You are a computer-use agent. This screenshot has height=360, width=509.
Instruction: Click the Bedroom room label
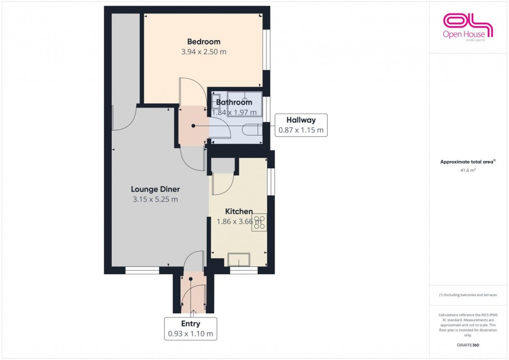pyautogui.click(x=204, y=42)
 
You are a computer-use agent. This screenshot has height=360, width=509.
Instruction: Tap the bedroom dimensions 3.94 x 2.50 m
pyautogui.click(x=204, y=52)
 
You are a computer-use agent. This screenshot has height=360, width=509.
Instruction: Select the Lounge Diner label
pyautogui.click(x=155, y=189)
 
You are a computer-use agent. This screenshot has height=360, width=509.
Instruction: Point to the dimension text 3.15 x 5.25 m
pyautogui.click(x=155, y=199)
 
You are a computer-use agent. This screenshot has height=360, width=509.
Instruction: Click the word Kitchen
pyautogui.click(x=239, y=211)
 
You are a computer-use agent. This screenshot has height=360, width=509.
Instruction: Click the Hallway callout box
pyautogui.click(x=301, y=125)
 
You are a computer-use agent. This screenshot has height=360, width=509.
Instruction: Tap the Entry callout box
pyautogui.click(x=191, y=329)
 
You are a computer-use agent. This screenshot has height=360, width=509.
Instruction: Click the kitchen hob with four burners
pyautogui.click(x=259, y=222)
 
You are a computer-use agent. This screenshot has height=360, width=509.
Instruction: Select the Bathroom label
pyautogui.click(x=234, y=102)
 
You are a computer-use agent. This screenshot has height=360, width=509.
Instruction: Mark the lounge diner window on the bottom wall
pyautogui.click(x=142, y=270)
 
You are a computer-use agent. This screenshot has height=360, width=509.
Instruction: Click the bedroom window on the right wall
pyautogui.click(x=266, y=49)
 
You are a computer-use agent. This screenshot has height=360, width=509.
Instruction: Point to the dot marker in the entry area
pyautogui.click(x=191, y=279)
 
